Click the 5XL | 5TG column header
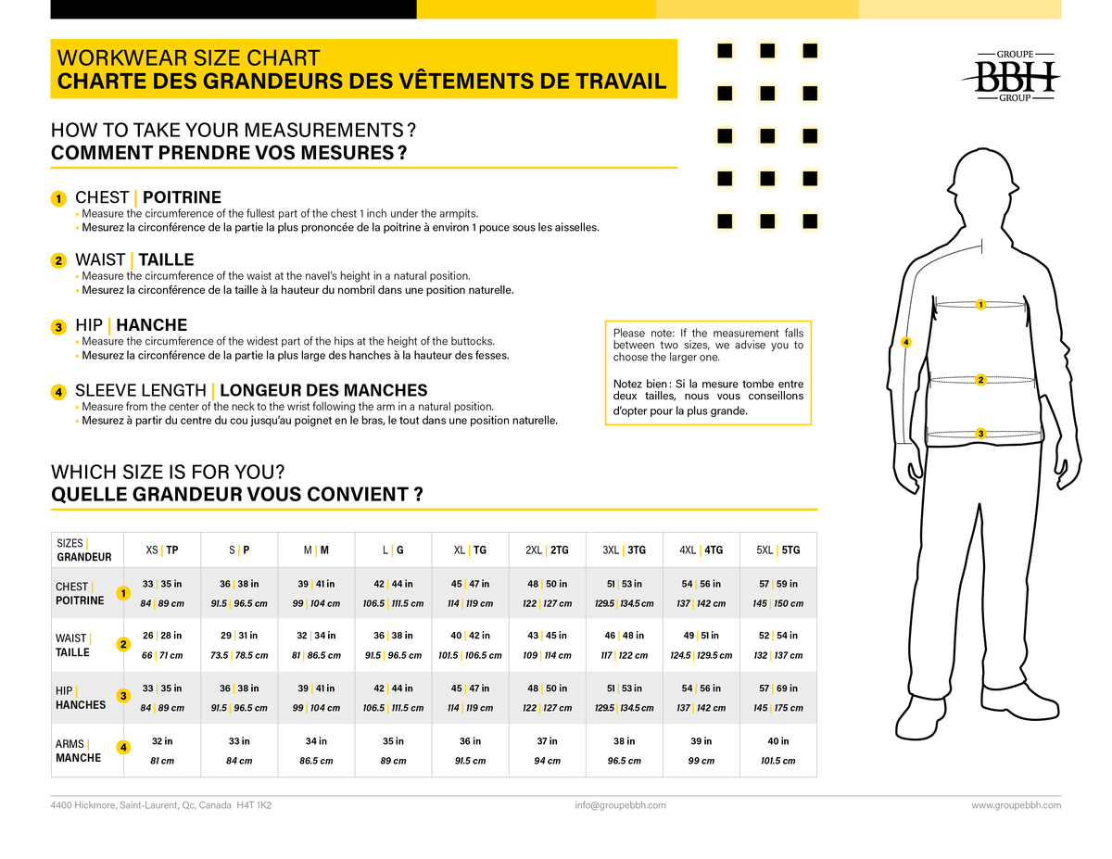tap(777, 550)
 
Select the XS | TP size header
tap(162, 550)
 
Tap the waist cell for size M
tap(316, 645)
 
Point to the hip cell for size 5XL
tap(777, 698)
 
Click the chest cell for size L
tap(393, 593)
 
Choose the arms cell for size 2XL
tap(547, 751)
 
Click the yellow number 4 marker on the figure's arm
tap(905, 342)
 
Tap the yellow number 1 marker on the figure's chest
tap(980, 305)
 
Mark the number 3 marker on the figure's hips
tap(980, 434)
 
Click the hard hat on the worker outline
tap(982, 172)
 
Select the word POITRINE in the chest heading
tap(182, 197)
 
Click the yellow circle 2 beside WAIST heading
tap(58, 261)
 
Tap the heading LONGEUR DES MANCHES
tap(323, 391)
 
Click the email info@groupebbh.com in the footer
tap(620, 805)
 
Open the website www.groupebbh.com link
tap(1016, 805)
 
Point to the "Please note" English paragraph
tap(708, 346)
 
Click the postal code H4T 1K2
tap(254, 805)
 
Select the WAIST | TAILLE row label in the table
tap(73, 645)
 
